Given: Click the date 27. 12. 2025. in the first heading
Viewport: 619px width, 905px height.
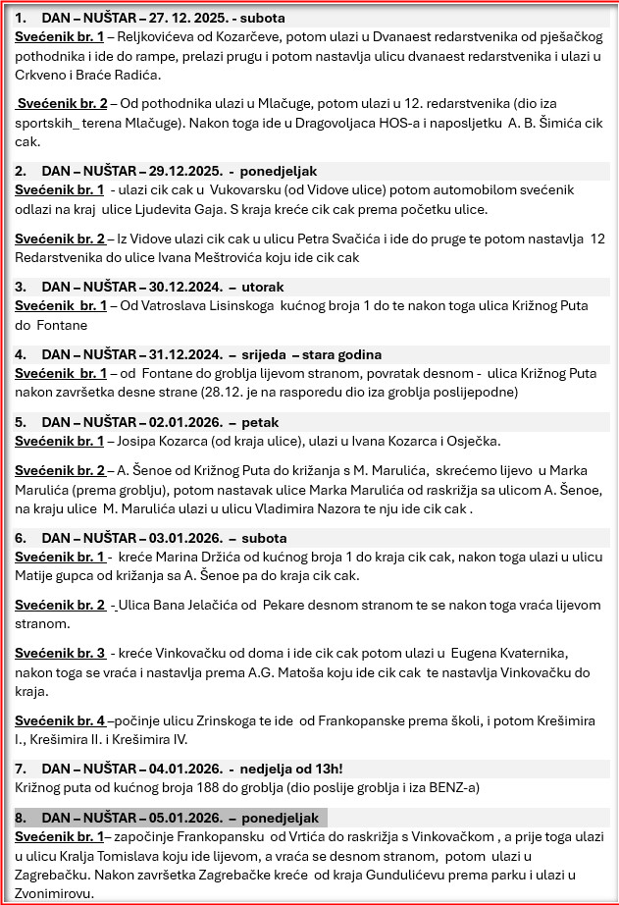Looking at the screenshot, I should (188, 18).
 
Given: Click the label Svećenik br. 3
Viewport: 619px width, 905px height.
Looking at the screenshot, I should (60, 653).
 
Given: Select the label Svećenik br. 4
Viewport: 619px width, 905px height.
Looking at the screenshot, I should (60, 720).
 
